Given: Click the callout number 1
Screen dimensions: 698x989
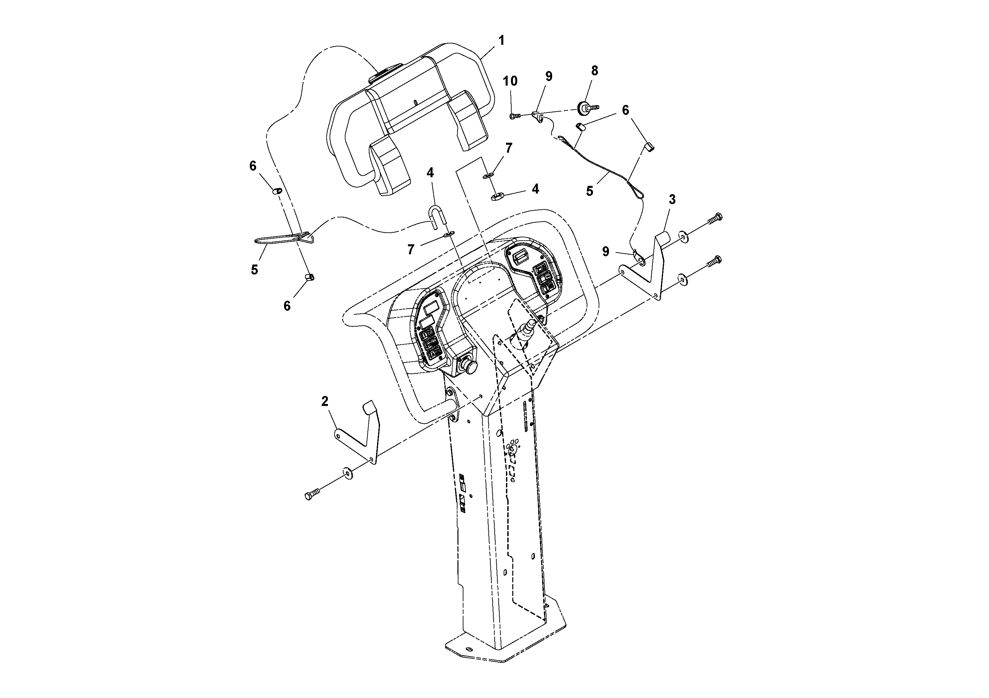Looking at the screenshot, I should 501,41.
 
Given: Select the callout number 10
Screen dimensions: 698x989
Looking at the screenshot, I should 510,81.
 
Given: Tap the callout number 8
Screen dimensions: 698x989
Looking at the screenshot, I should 594,71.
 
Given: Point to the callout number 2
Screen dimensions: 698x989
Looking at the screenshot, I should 325,402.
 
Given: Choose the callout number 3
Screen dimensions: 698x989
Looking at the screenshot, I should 672,200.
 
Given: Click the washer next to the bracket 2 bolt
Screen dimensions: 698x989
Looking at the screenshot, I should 347,473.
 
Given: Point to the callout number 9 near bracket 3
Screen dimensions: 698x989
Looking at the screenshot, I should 606,252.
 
